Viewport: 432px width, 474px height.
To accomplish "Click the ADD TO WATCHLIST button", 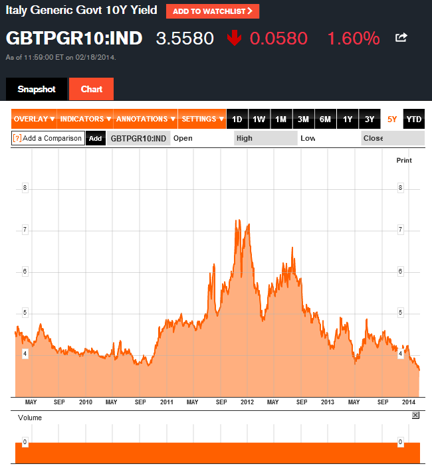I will pos(213,11).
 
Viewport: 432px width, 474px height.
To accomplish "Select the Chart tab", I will pos(91,89).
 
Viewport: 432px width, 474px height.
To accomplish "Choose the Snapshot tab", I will pos(37,89).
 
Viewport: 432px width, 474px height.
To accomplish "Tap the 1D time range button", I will pos(237,119).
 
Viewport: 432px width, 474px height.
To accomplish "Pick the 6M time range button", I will pos(325,119).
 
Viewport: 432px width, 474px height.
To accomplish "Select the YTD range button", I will pos(414,119).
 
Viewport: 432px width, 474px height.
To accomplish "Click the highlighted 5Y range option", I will pos(392,119).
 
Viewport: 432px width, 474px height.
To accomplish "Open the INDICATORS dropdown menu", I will pos(86,119).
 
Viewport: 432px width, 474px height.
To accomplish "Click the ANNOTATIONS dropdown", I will pos(146,119).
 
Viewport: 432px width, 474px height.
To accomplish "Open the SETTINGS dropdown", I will pos(203,119).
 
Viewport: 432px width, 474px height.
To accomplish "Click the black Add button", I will pos(96,139).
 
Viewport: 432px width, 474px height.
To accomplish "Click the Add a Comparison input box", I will pos(48,139).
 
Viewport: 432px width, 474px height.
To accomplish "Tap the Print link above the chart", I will pos(404,161).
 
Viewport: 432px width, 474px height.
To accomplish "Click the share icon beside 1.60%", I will pos(401,38).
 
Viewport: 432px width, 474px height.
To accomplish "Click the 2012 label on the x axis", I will pos(247,402).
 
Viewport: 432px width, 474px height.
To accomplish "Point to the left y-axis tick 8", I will pos(25,188).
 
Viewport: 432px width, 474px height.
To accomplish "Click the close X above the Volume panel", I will pos(415,415).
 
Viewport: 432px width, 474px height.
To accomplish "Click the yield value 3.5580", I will pos(185,39).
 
